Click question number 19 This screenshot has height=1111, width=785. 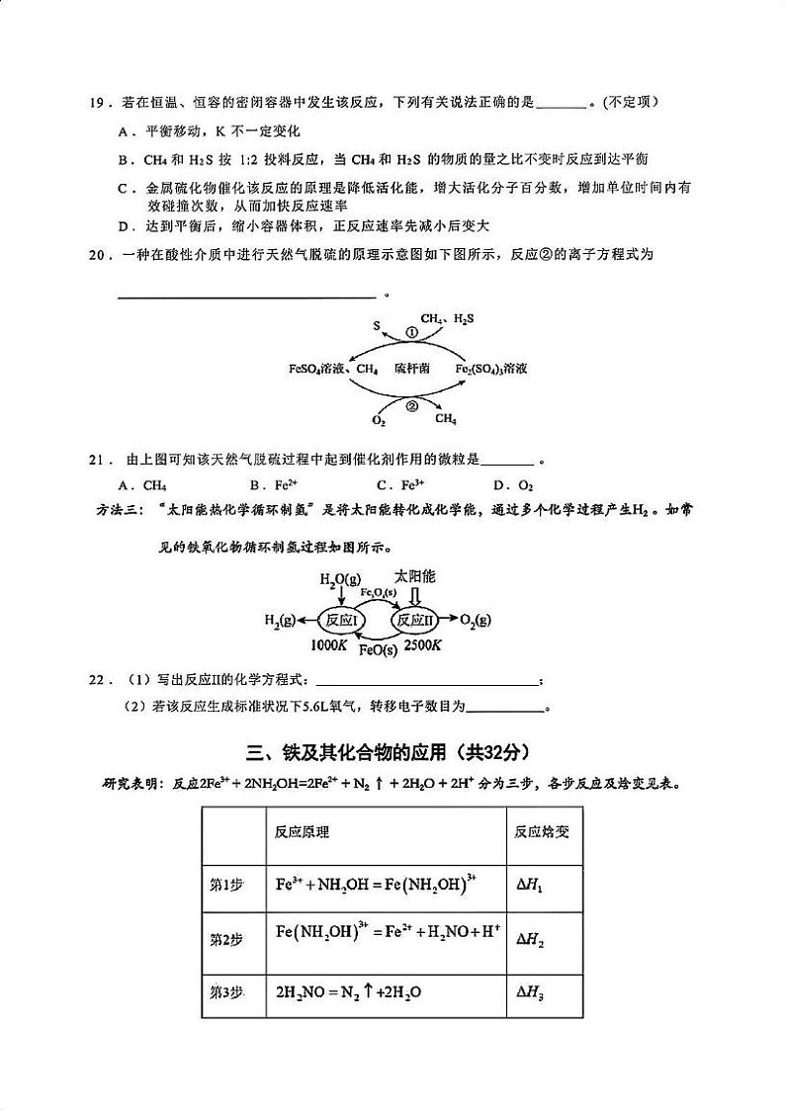[96, 102]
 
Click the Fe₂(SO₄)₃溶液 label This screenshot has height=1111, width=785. [490, 369]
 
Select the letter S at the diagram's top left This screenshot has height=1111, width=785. [377, 323]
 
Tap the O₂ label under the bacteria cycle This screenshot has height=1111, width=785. [378, 420]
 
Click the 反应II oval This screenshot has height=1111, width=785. [415, 620]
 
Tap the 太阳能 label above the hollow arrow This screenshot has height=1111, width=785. [415, 575]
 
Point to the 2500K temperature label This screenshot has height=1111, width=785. [423, 645]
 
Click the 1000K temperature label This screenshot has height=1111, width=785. [328, 645]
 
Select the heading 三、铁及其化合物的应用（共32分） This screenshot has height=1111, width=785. [392, 752]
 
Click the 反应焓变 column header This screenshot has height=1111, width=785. [541, 831]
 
